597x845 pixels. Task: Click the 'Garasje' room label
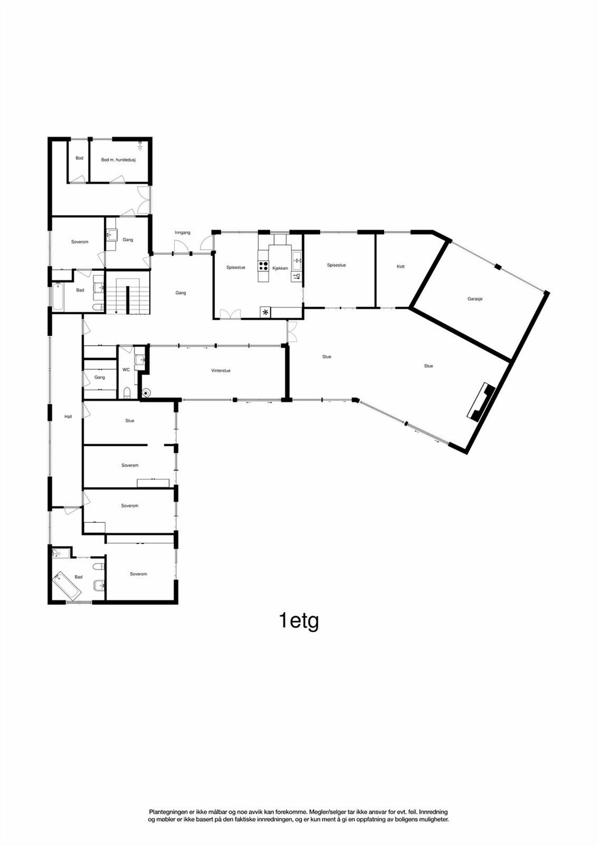pyautogui.click(x=475, y=299)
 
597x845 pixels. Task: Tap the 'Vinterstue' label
pyautogui.click(x=221, y=371)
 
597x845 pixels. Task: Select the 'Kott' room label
pyautogui.click(x=401, y=267)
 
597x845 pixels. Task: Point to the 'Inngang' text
pyautogui.click(x=183, y=232)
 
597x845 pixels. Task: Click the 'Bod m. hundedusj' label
pyautogui.click(x=118, y=159)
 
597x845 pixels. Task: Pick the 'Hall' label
pyautogui.click(x=68, y=417)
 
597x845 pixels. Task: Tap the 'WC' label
pyautogui.click(x=126, y=370)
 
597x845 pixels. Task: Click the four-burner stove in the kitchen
pyautogui.click(x=263, y=266)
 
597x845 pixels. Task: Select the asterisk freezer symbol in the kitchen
pyautogui.click(x=265, y=313)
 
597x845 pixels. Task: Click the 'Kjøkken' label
pyautogui.click(x=280, y=268)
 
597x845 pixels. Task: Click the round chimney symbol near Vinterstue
pyautogui.click(x=146, y=393)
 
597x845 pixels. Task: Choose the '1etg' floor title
pyautogui.click(x=299, y=621)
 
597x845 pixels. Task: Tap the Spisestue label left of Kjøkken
pyautogui.click(x=235, y=268)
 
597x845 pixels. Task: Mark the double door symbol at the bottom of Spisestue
pyautogui.click(x=229, y=314)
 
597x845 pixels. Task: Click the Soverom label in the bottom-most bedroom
pyautogui.click(x=138, y=574)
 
